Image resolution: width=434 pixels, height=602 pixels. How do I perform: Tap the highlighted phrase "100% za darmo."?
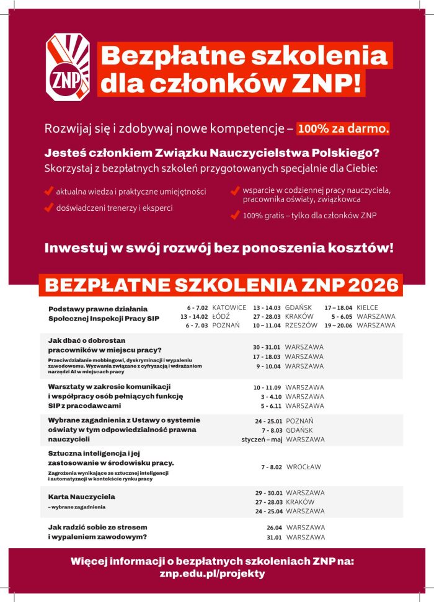point(343,128)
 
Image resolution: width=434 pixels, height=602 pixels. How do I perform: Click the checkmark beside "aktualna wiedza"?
point(48,192)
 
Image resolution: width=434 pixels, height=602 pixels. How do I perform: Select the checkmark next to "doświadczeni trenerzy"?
point(48,208)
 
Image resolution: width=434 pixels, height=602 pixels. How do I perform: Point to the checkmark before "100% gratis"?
point(234,216)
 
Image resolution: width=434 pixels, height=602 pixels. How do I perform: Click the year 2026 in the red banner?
point(372,285)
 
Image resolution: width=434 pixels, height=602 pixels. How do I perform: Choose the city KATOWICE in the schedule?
point(229,308)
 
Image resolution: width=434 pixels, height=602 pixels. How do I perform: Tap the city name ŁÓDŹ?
point(221,316)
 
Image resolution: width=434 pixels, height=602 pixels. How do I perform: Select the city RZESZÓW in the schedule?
point(301,325)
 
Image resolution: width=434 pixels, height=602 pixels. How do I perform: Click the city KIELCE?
point(368,308)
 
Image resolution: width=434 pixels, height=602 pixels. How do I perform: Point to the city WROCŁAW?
point(304,467)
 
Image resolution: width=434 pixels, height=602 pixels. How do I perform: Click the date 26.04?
point(273,528)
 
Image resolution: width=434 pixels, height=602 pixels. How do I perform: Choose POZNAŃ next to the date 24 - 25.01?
point(300,421)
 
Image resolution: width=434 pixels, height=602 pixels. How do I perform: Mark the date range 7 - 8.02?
point(272,467)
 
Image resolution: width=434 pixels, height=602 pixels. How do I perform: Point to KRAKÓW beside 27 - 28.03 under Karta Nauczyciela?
point(300,502)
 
